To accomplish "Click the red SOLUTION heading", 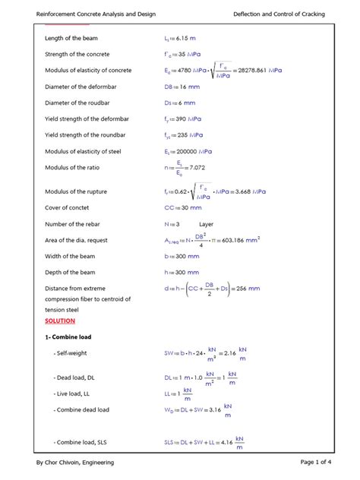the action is (x=59, y=321).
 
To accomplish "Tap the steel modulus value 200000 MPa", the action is (x=191, y=152).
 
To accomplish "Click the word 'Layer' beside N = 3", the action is (x=207, y=224).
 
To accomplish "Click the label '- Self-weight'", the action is (x=71, y=354).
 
